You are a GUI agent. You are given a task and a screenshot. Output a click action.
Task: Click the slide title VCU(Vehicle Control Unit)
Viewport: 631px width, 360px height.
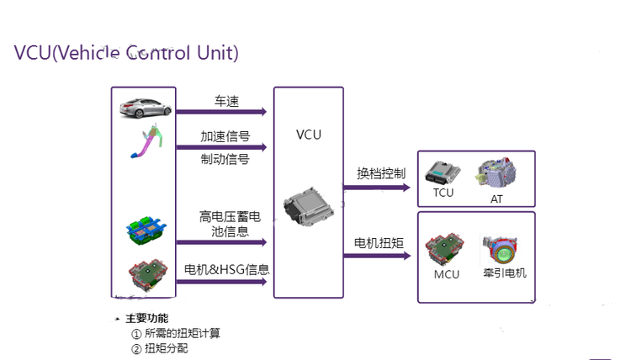point(126,52)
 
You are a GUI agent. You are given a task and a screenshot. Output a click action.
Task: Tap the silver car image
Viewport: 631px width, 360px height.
point(146,108)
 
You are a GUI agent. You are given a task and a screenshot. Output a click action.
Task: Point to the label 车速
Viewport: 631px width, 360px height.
point(227,102)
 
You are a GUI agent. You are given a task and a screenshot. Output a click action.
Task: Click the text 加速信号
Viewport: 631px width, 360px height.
point(225,136)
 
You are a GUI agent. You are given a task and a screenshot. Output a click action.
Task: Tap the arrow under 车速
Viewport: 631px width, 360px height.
point(222,111)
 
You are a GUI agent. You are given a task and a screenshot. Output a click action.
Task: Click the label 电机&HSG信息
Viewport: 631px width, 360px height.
point(227,271)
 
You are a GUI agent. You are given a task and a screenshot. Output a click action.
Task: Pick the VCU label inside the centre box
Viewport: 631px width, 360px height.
point(309,135)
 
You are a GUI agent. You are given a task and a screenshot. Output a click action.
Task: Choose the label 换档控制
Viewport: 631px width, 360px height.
point(380,173)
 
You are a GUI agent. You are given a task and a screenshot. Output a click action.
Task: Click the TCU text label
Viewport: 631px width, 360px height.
point(443,193)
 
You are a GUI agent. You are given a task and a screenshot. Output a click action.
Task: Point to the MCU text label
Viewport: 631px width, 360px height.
point(447,274)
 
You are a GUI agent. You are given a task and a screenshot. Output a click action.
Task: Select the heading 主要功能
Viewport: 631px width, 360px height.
point(146,318)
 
